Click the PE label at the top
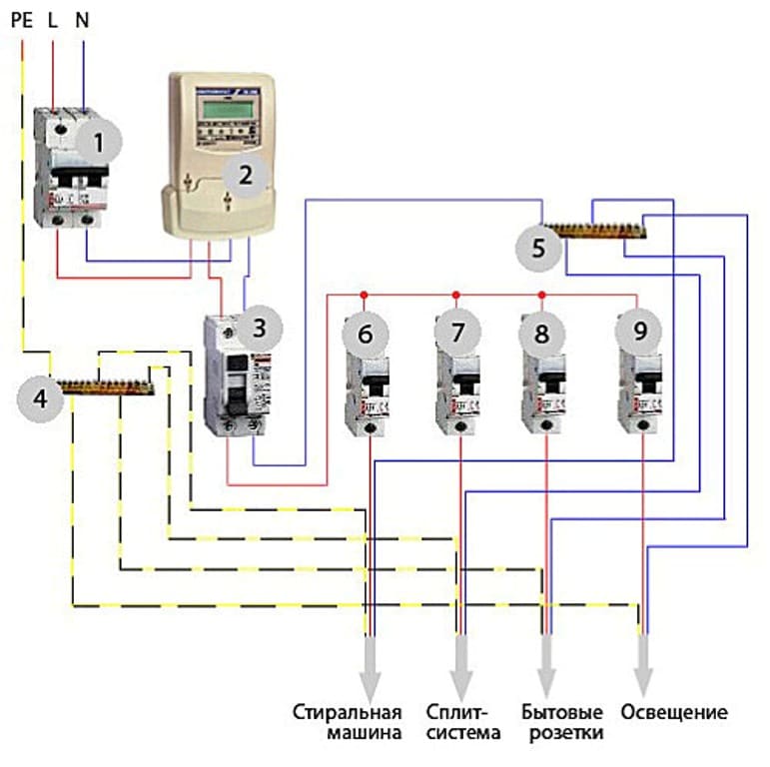(22, 17)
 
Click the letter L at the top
(53, 17)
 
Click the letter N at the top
(83, 17)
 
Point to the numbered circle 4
(41, 397)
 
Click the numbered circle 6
(366, 334)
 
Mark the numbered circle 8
(542, 334)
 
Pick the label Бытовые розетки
(562, 723)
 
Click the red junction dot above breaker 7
(456, 295)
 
